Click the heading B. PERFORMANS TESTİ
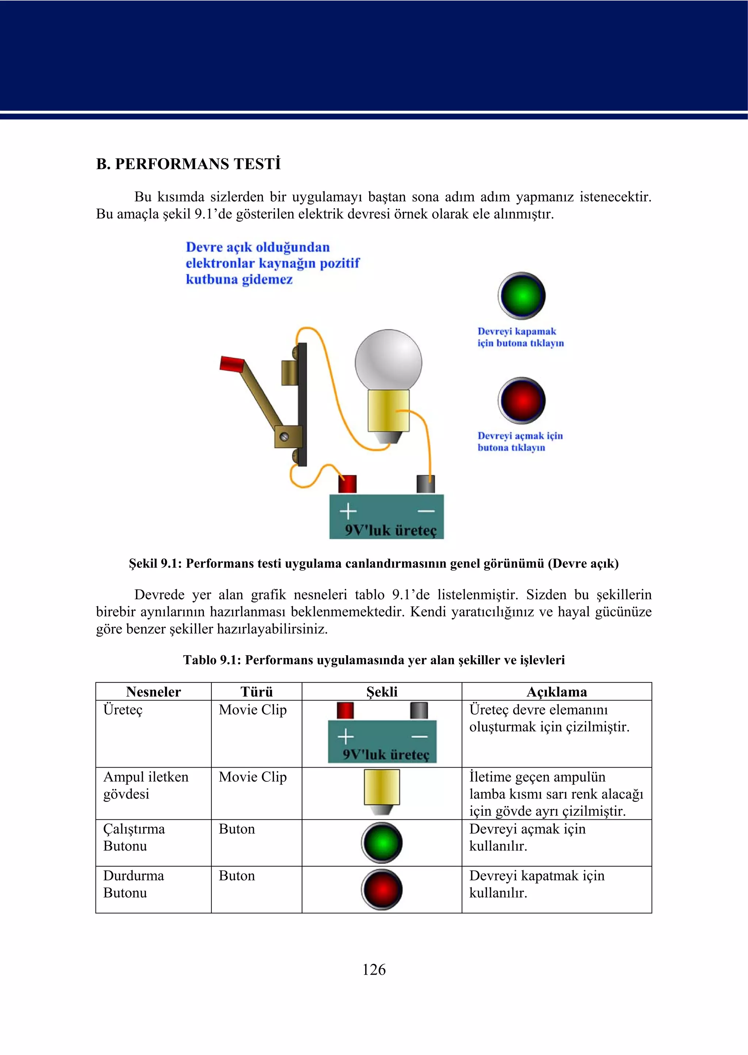[x=188, y=164]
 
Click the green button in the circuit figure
[x=522, y=296]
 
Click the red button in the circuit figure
[x=522, y=401]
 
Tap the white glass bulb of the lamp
[x=388, y=362]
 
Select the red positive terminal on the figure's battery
[x=347, y=484]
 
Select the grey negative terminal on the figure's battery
[x=425, y=484]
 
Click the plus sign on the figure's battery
[x=348, y=511]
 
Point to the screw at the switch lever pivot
[x=285, y=436]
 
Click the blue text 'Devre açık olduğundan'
[x=257, y=247]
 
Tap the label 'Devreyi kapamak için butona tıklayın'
[x=520, y=337]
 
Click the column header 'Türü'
[x=256, y=692]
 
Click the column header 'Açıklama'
[x=556, y=692]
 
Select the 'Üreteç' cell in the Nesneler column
[x=123, y=710]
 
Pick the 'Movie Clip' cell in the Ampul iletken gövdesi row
[x=252, y=777]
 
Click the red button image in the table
[x=381, y=889]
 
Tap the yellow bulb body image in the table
[x=381, y=789]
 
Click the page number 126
[x=374, y=969]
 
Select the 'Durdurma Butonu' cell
[x=134, y=884]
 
